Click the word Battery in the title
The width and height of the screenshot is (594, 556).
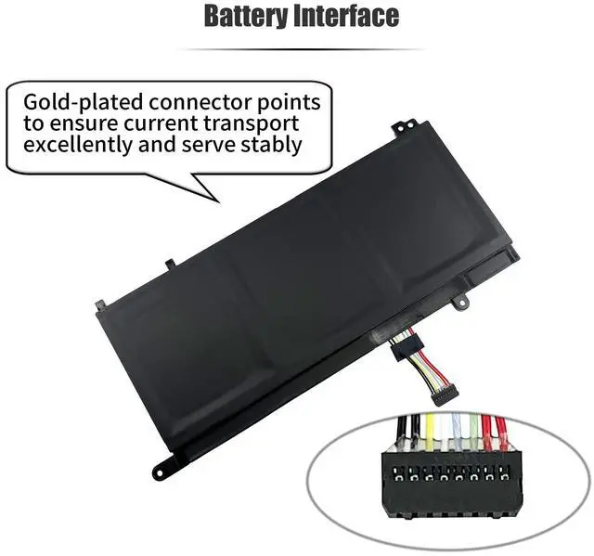click(x=244, y=16)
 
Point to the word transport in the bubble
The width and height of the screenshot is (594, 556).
click(x=259, y=123)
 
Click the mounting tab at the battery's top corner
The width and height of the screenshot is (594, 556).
click(x=400, y=122)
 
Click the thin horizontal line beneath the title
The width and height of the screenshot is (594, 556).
click(x=298, y=49)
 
